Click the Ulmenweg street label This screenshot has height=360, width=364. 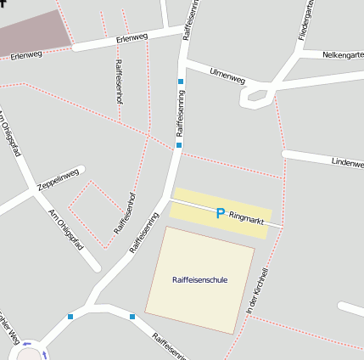pyautogui.click(x=227, y=76)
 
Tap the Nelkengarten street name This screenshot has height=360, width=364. pyautogui.click(x=343, y=55)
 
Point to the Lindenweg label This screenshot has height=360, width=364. pyautogui.click(x=347, y=160)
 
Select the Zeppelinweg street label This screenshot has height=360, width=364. pyautogui.click(x=58, y=179)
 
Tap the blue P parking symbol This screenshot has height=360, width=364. pyautogui.click(x=221, y=214)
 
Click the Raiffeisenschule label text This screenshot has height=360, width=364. pyautogui.click(x=199, y=279)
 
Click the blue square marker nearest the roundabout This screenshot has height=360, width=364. pyautogui.click(x=70, y=317)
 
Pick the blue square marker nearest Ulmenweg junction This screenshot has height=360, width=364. pyautogui.click(x=180, y=82)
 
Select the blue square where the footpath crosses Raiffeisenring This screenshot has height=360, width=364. pyautogui.click(x=178, y=145)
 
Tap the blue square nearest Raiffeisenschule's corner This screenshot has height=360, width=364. pyautogui.click(x=132, y=317)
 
